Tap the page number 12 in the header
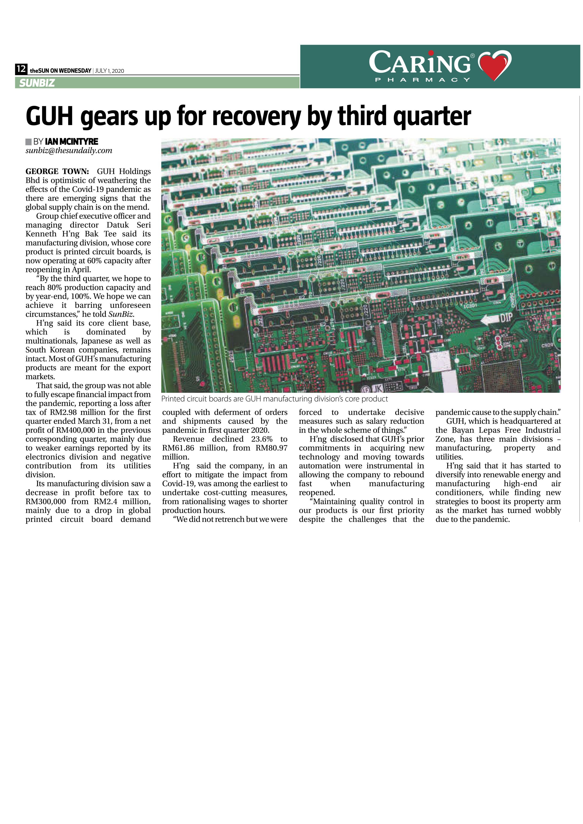pos(21,69)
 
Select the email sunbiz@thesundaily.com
pos(69,151)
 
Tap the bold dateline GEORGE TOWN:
pos(57,171)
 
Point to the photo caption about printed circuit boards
pos(274,399)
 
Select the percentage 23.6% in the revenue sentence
pos(261,439)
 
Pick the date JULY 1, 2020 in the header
pos(110,71)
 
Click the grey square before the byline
pos(29,142)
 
